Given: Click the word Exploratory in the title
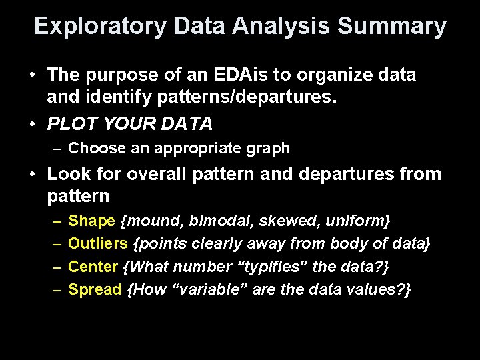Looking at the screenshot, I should click(x=100, y=27).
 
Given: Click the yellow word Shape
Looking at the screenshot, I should click(x=91, y=221).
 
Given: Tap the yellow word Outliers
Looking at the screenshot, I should click(x=99, y=244).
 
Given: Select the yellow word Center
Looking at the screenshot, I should click(x=93, y=267).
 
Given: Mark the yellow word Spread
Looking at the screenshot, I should click(x=95, y=290).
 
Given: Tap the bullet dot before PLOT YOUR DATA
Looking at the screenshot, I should click(x=33, y=124).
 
